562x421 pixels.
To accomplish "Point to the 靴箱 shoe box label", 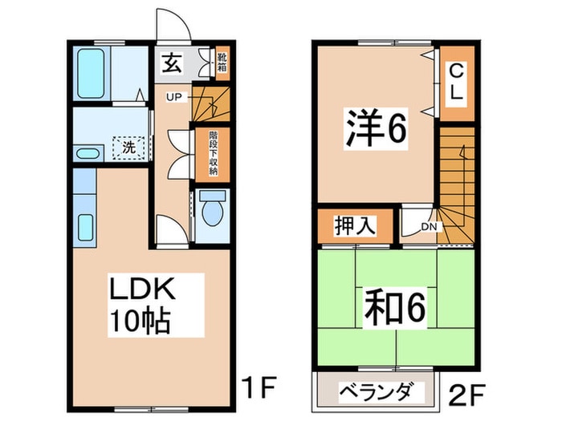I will (222, 63).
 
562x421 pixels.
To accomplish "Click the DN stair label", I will (429, 227).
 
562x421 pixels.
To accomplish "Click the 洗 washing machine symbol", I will (127, 148).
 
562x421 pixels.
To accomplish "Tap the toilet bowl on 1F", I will (213, 212).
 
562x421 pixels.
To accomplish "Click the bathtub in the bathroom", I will (90, 73).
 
